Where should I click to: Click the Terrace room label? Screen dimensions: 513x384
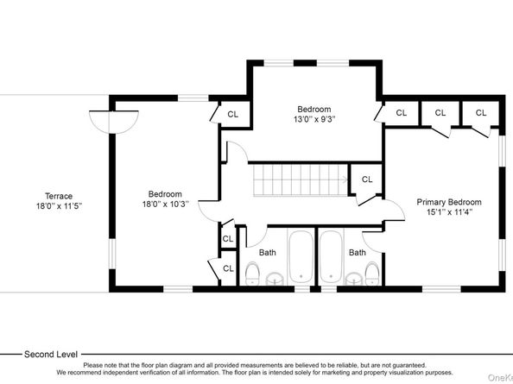click(59, 196)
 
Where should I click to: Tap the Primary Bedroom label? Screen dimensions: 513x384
click(449, 202)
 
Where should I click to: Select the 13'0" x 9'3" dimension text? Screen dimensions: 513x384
click(314, 119)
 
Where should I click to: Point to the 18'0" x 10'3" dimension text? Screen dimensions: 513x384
click(165, 205)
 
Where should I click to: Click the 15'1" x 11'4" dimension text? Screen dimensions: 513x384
click(449, 212)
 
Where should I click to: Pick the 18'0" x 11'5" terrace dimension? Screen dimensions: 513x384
click(59, 206)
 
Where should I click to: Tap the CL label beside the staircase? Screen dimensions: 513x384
click(367, 179)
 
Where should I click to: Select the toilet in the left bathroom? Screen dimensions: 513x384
click(252, 273)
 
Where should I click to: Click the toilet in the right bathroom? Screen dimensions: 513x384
click(372, 273)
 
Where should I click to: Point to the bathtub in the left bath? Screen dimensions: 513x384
click(301, 257)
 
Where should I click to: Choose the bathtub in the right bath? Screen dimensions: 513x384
click(331, 257)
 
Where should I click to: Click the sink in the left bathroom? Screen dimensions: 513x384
click(275, 279)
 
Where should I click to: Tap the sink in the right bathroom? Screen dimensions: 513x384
click(354, 279)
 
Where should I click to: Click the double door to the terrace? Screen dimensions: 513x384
click(113, 123)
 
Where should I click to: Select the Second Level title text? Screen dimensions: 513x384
click(51, 355)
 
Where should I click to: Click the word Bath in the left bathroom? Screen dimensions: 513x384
click(268, 253)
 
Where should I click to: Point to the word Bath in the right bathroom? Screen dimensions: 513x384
click(358, 253)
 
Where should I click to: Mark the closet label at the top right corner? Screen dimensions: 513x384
click(481, 113)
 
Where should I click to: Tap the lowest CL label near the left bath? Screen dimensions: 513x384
click(228, 268)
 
